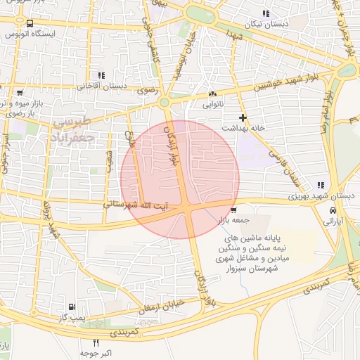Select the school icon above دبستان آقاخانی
pos(102,75)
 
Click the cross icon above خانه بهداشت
pos(243,117)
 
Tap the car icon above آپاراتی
pos(332,210)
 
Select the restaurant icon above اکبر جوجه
pos(96,342)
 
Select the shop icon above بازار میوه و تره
pos(19,92)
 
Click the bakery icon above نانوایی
pos(213,94)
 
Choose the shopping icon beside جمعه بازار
pos(233,210)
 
